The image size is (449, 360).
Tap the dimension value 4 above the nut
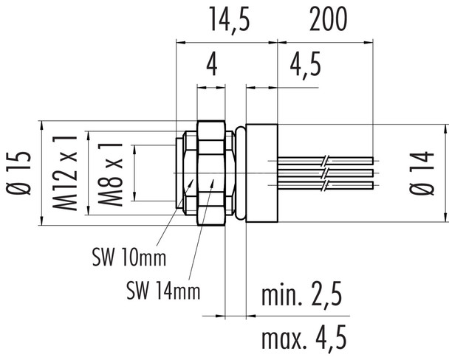211,68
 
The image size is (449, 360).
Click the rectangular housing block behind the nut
261,171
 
